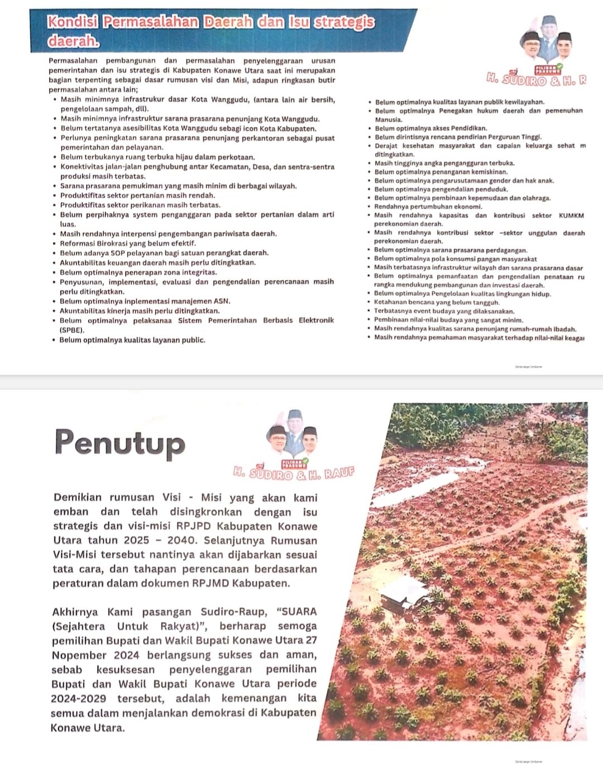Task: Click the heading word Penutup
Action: (119, 442)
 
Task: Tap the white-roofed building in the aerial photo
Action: (404, 591)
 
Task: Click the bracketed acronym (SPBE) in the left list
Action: (72, 330)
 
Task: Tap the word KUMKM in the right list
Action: (571, 215)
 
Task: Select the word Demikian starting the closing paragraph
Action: (78, 497)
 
